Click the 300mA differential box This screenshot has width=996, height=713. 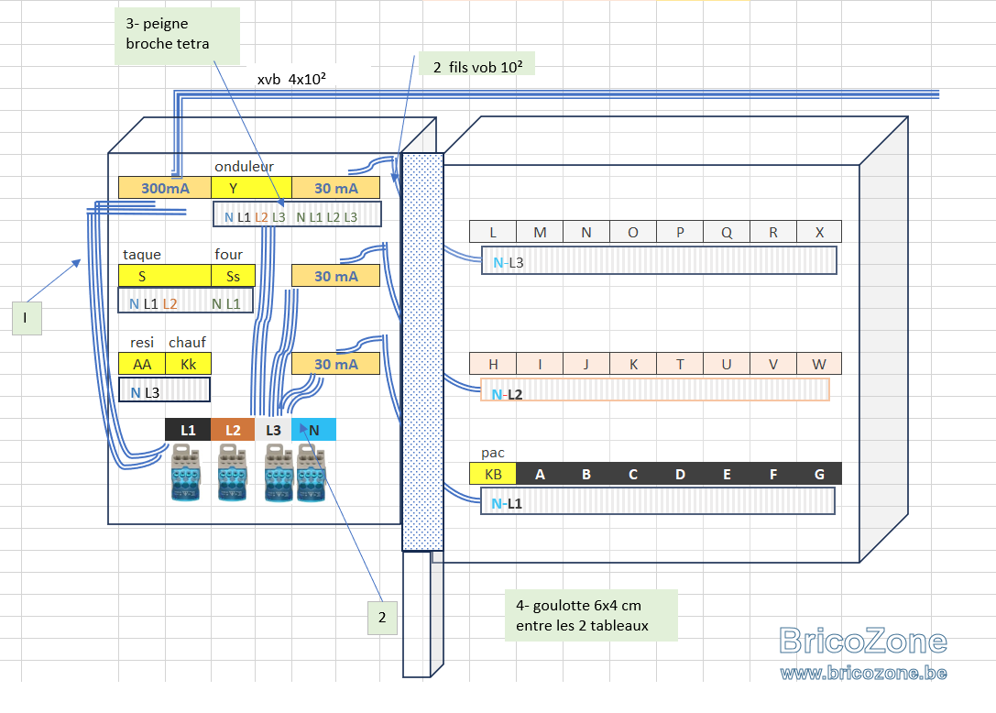(x=165, y=188)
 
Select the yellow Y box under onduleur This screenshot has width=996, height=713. (x=252, y=188)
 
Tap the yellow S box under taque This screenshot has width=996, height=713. (x=165, y=277)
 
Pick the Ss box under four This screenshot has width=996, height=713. (x=233, y=277)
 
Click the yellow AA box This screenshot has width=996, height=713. (x=142, y=364)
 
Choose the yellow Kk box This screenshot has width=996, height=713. (x=188, y=364)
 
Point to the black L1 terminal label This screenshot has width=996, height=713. (x=188, y=430)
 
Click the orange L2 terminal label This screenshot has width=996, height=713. (x=233, y=430)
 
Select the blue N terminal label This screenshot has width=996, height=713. (x=313, y=430)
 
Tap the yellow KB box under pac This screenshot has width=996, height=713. (x=493, y=474)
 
